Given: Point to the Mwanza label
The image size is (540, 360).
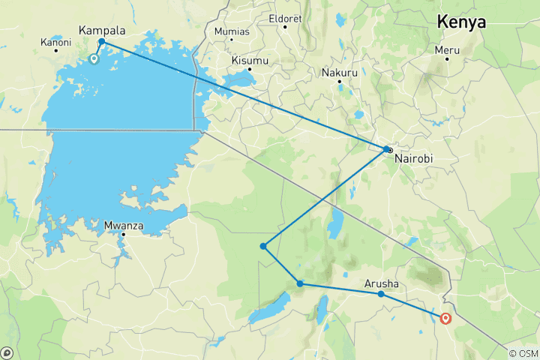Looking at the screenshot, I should pyautogui.click(x=123, y=224).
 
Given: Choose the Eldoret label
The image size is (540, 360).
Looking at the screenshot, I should pyautogui.click(x=285, y=17).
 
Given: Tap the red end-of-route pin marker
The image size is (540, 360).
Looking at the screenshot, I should pyautogui.click(x=446, y=317).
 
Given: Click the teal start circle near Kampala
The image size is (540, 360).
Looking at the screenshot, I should pyautogui.click(x=94, y=58).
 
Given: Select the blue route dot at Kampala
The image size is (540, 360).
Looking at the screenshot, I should pyautogui.click(x=101, y=42).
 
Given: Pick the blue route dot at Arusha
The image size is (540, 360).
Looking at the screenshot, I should pyautogui.click(x=381, y=294).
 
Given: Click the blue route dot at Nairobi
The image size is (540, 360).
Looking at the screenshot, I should pyautogui.click(x=387, y=149).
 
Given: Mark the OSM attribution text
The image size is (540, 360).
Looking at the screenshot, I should pyautogui.click(x=522, y=353).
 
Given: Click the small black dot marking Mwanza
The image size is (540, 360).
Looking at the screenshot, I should pyautogui.click(x=123, y=234).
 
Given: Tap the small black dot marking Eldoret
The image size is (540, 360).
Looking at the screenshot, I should pyautogui.click(x=285, y=27).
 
